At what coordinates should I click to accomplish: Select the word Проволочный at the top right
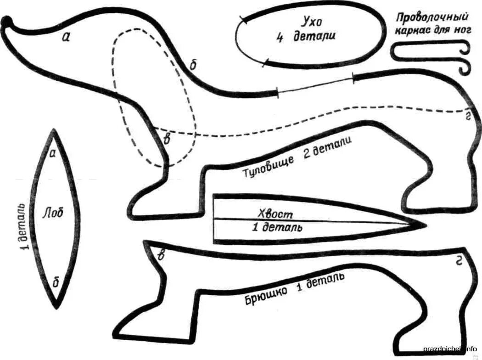432,18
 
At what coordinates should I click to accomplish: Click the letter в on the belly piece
161,256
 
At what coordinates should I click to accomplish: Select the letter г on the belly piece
458,262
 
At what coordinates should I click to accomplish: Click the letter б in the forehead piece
56,281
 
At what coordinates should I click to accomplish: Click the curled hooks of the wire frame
465,57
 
